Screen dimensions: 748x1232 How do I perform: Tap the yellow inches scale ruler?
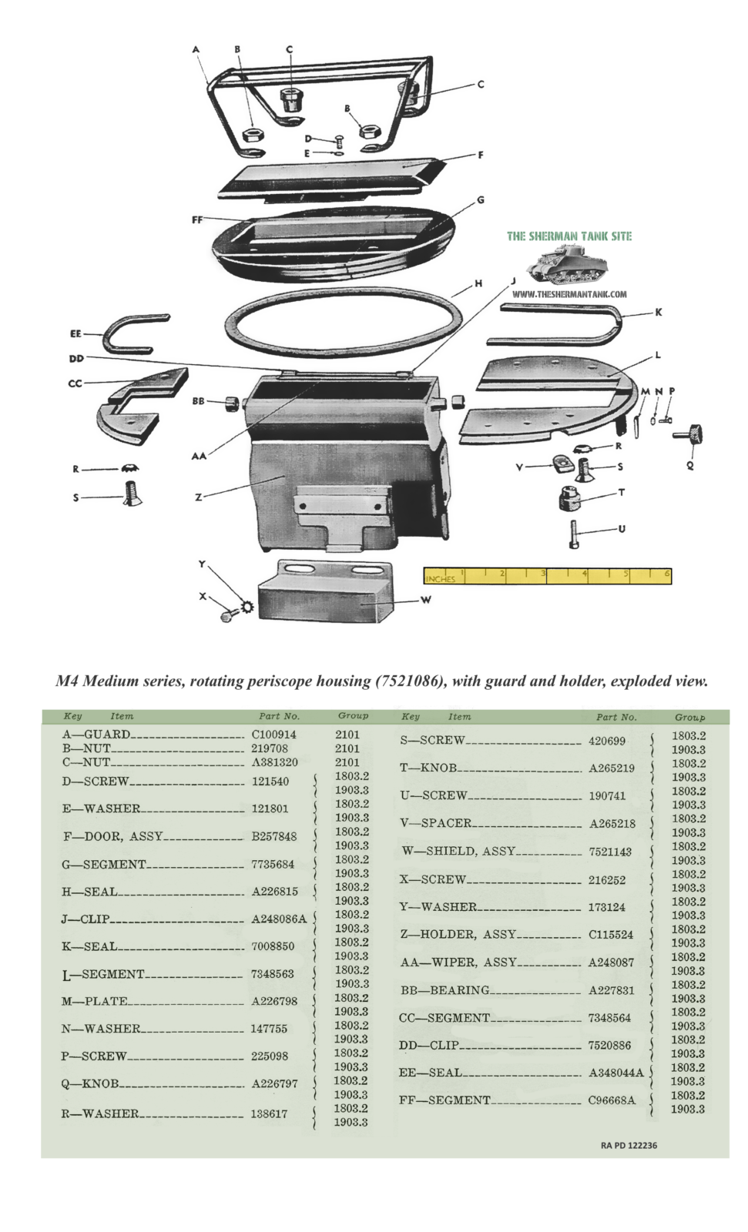click(547, 575)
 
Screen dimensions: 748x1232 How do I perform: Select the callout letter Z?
click(199, 497)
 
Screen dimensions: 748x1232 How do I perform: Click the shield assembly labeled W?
click(326, 591)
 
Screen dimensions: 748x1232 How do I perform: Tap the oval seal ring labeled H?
click(344, 325)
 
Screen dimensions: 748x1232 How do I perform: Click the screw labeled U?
click(574, 534)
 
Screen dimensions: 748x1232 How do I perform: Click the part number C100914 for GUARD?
click(273, 735)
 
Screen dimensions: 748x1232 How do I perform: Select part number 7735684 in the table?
click(273, 864)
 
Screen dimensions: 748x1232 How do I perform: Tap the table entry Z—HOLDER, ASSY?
click(458, 935)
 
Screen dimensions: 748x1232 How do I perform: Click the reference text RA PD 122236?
click(629, 1145)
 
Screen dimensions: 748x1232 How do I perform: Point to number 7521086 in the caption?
click(407, 681)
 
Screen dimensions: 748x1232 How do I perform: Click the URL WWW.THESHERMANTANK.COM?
click(569, 293)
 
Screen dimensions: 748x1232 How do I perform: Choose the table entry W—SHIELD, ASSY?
click(458, 852)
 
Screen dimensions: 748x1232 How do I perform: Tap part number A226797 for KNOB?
click(274, 1083)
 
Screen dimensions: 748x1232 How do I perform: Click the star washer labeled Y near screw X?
click(246, 607)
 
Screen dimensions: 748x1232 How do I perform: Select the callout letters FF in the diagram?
click(197, 220)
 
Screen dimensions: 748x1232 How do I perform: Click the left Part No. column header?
click(279, 716)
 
